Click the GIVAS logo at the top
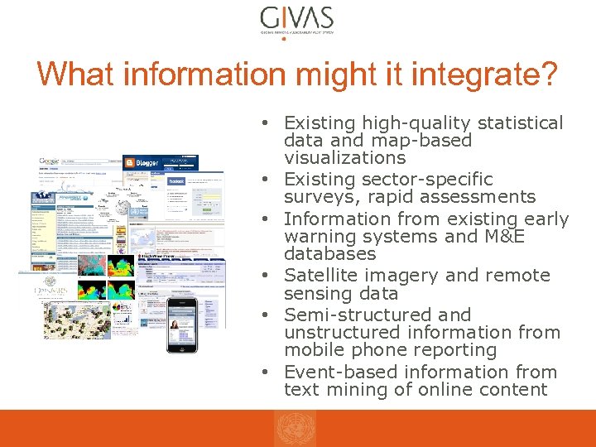296,20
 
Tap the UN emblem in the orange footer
296,429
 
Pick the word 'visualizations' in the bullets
344,157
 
